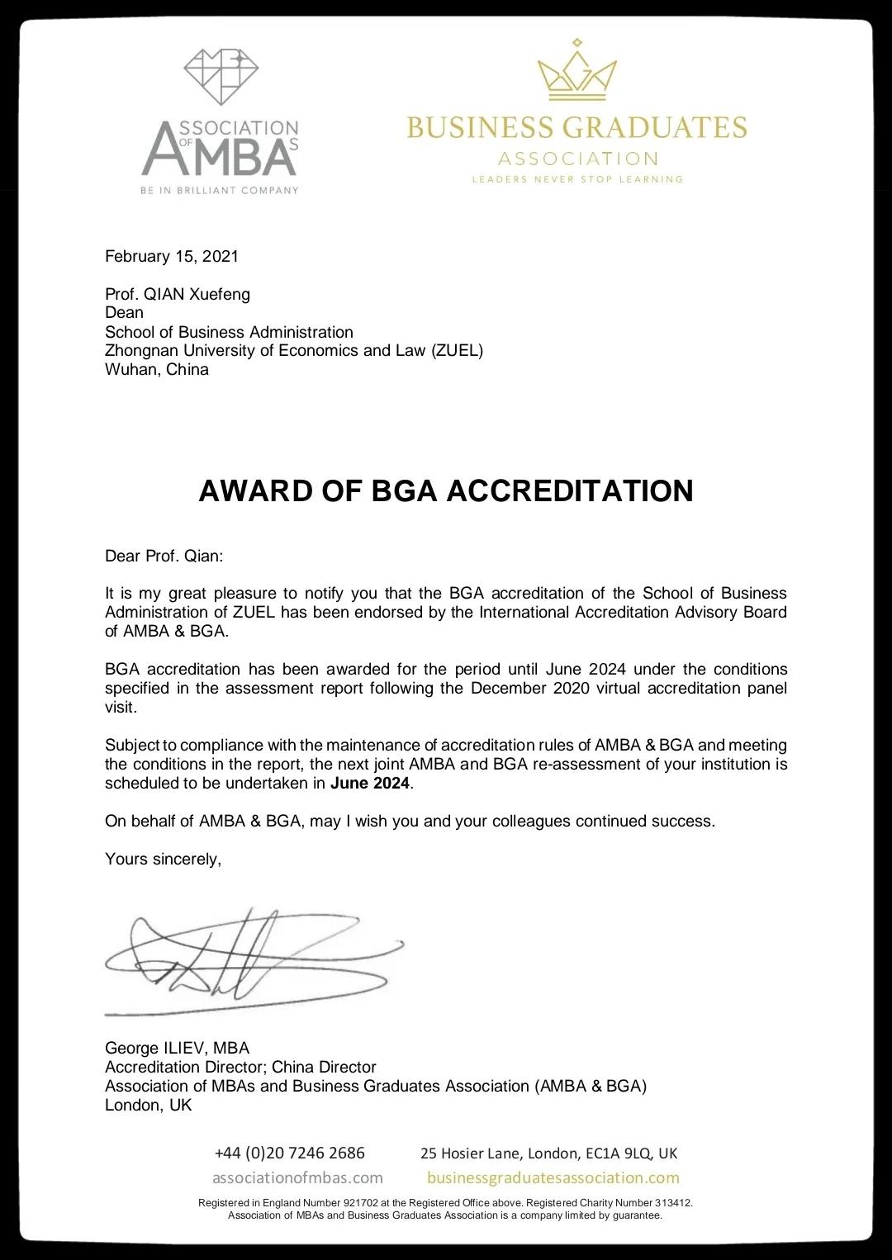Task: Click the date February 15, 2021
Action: click(x=172, y=256)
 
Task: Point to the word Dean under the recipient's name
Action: click(x=124, y=313)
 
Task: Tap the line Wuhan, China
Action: click(x=157, y=369)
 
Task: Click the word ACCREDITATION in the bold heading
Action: click(x=570, y=490)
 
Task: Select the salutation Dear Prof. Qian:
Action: click(x=164, y=556)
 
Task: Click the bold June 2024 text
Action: click(x=370, y=784)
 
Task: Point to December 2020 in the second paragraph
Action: click(x=530, y=689)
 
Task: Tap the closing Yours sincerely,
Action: click(x=164, y=859)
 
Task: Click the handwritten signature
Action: click(x=248, y=958)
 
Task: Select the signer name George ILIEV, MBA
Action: click(x=177, y=1048)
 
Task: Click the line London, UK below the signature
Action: click(x=148, y=1105)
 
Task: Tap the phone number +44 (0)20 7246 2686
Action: click(x=289, y=1153)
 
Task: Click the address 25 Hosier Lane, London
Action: click(x=548, y=1153)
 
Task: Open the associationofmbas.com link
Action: click(x=297, y=1177)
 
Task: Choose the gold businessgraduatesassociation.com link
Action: click(x=553, y=1177)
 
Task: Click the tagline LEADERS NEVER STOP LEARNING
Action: click(x=577, y=179)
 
